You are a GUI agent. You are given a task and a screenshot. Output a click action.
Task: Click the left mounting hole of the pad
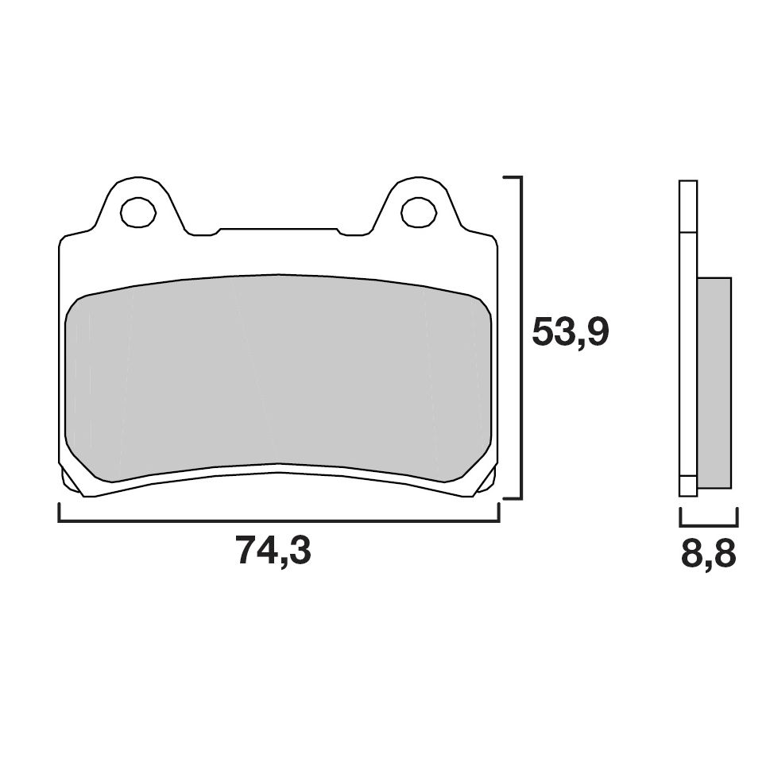pos(137,211)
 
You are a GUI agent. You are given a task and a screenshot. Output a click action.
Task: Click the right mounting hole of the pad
pos(419,211)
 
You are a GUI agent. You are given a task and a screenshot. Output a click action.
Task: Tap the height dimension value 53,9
pos(570,332)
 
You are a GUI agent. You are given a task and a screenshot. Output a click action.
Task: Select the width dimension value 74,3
pos(273,551)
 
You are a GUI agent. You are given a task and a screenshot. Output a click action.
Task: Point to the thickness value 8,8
pos(708,554)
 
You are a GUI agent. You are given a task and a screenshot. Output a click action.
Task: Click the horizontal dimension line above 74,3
pos(278,522)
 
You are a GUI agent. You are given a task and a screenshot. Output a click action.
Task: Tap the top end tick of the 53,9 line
pos(513,177)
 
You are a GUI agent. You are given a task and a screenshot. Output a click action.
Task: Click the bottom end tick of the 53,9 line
pos(513,498)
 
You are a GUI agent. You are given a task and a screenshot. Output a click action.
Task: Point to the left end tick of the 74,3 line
pos(60,513)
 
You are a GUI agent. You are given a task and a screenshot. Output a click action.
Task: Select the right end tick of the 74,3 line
pos(498,513)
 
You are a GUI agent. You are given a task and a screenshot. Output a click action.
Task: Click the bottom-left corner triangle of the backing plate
pos(69,481)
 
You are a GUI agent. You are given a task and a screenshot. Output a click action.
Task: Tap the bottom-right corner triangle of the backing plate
pos(487,481)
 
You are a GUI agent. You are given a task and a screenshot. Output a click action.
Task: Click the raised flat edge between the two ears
pos(278,230)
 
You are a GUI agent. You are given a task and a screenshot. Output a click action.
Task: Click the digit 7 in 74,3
pos(246,551)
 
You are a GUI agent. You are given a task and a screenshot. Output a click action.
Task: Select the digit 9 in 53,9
pos(595,332)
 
